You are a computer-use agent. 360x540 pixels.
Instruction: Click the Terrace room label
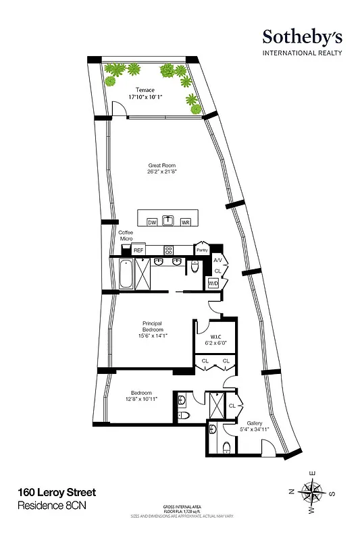[145, 89]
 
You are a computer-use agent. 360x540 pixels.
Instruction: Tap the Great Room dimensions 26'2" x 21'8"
[161, 171]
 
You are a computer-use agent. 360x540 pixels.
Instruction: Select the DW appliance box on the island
[151, 221]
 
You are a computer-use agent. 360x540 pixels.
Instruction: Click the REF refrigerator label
[138, 250]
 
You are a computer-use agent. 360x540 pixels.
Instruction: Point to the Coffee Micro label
[126, 236]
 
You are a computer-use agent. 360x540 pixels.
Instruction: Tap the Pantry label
[201, 250]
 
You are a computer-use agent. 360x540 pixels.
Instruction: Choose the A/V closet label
[217, 260]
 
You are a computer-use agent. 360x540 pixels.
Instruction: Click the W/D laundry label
[213, 283]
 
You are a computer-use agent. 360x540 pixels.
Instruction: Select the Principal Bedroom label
[155, 327]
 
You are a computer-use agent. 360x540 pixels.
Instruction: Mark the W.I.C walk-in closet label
[217, 337]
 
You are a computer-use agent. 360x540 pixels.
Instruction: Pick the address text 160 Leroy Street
[57, 492]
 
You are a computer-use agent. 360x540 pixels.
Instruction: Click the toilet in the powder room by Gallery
[225, 446]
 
